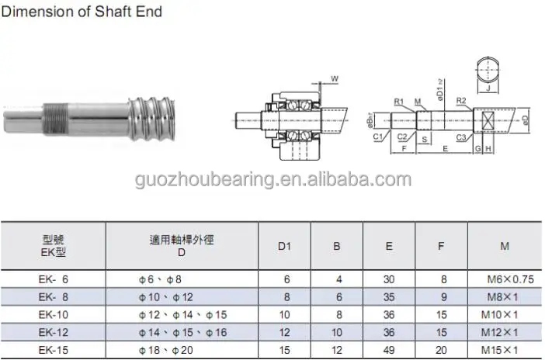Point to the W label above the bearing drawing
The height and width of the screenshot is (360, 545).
click(x=333, y=78)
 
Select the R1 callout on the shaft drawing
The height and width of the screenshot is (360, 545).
click(x=398, y=102)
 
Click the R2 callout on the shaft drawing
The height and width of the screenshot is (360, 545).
click(x=460, y=101)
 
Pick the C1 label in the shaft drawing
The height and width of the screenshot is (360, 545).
click(x=377, y=137)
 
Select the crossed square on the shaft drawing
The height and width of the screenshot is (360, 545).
click(x=488, y=122)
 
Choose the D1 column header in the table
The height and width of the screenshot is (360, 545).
click(x=284, y=246)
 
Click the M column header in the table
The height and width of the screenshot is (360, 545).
click(x=505, y=246)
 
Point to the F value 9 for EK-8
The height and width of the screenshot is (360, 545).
click(x=441, y=296)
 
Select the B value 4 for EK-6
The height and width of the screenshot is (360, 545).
click(x=337, y=279)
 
